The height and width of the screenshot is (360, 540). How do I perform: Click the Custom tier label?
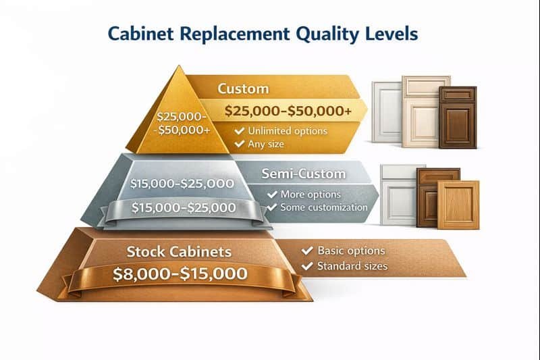tap(243, 88)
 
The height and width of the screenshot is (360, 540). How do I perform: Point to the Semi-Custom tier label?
tap(303, 174)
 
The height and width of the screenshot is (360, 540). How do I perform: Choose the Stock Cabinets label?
tap(179, 252)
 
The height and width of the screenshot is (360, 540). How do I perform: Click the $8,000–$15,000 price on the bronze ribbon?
tap(179, 274)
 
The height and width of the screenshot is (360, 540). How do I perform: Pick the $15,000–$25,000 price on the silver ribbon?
tap(184, 208)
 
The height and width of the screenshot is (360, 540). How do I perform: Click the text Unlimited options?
tap(288, 131)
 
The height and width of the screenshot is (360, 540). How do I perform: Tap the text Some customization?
tap(325, 207)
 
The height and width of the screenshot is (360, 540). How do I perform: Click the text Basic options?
tap(351, 251)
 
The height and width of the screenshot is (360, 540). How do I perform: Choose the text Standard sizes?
tap(352, 266)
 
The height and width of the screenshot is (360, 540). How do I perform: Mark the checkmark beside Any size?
tap(239, 144)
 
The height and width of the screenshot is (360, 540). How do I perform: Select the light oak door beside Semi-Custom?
tap(458, 204)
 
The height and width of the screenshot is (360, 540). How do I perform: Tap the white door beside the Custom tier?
tap(387, 111)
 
